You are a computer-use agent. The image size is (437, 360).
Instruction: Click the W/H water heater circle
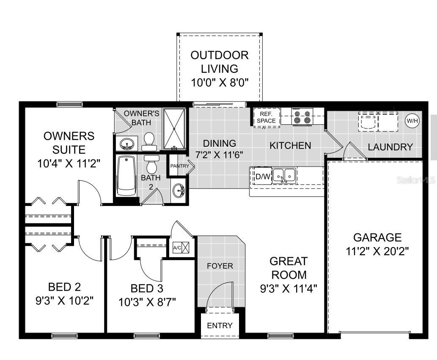[x=412, y=121]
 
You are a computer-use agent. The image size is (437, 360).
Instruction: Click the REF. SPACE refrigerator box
[x=267, y=117]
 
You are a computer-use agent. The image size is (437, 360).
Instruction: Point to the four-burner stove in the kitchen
[x=303, y=117]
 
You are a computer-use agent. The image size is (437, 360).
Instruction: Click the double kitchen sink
[x=284, y=175]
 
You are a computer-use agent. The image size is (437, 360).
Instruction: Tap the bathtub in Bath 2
[x=126, y=176]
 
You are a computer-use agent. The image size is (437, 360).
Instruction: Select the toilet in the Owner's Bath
[x=149, y=141]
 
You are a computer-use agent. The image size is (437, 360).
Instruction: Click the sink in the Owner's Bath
[x=126, y=144]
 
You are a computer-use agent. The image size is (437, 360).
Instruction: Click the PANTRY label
[x=179, y=166]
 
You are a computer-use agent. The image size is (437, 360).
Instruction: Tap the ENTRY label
[x=220, y=326]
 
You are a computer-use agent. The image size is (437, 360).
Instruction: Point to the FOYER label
[x=220, y=266]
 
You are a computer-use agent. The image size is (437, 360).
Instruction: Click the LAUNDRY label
[x=390, y=147]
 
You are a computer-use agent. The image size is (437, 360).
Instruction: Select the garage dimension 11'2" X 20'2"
[x=377, y=251]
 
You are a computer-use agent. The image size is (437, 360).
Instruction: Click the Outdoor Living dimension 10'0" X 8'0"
[x=219, y=82]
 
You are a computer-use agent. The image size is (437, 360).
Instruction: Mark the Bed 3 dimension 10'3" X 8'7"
[x=147, y=302]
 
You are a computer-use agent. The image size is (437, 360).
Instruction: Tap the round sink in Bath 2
[x=179, y=190]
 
